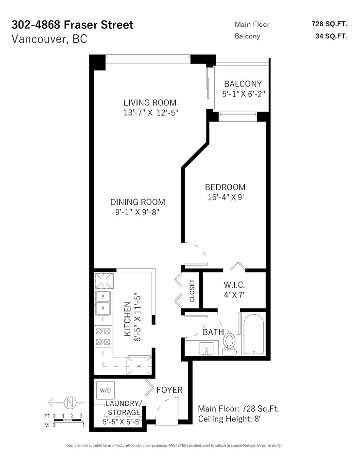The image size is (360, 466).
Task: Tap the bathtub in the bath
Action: coord(253,334)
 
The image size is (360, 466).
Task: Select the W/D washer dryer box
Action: coord(105,390)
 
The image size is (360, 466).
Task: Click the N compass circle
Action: coord(70,403)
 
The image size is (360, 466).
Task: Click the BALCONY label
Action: coord(243,84)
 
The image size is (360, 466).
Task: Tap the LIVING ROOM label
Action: coord(150,103)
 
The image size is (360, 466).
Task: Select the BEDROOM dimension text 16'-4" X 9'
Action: coord(226,197)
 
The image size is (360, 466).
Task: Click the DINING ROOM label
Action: coord(137,202)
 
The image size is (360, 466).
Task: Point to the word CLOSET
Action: coord(192,291)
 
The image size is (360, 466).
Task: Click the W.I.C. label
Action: coord(235,285)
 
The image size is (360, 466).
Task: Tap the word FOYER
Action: coord(170,390)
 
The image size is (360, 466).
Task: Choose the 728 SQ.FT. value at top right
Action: coord(330,24)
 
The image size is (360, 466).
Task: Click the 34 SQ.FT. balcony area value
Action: coord(331,36)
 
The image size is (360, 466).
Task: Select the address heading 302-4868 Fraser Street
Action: coord(72,25)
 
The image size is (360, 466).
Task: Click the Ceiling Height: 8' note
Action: coord(229,419)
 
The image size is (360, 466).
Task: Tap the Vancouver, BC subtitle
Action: coord(50,39)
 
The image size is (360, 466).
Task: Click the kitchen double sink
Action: coord(103,303)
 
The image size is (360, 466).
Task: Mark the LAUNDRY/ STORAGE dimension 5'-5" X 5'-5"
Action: coord(122,422)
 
